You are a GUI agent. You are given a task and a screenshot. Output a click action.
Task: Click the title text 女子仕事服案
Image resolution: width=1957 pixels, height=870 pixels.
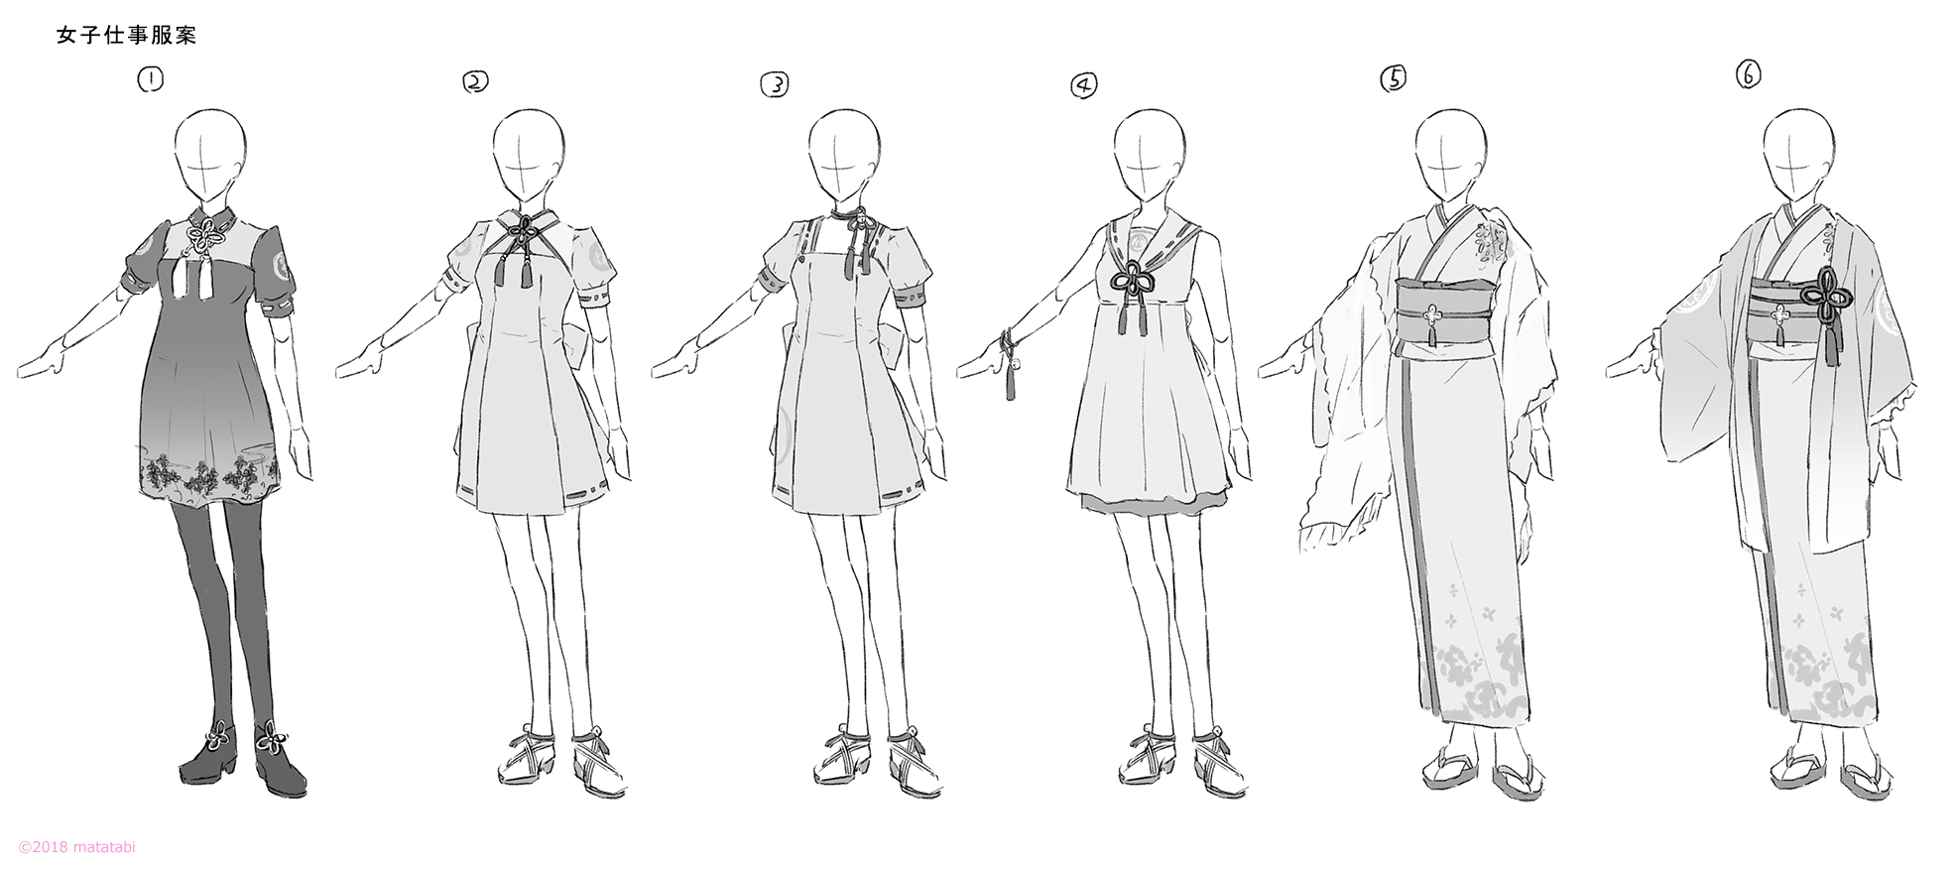tap(126, 36)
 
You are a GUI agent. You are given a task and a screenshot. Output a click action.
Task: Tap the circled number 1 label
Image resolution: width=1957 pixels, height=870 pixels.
tap(151, 79)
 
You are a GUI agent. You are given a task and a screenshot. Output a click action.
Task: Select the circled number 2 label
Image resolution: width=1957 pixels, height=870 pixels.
tap(475, 82)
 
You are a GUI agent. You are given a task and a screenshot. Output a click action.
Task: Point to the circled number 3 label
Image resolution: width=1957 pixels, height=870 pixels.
tap(775, 85)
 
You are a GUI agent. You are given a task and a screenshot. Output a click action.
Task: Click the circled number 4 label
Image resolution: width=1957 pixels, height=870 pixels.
tap(1084, 86)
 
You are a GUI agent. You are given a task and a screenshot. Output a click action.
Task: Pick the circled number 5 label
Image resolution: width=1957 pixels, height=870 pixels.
tap(1394, 78)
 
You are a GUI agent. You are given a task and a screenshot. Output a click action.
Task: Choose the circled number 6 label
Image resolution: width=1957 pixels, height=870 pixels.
tap(1748, 74)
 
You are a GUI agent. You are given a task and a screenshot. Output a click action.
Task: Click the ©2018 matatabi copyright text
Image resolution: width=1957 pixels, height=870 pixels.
tap(77, 847)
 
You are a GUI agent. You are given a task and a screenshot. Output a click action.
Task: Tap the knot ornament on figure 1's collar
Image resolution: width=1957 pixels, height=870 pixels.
tap(206, 237)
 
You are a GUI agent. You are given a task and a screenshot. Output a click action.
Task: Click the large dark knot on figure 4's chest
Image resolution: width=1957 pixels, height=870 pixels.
tap(1132, 281)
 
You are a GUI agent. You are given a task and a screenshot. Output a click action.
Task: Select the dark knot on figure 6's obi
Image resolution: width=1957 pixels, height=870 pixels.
tap(1826, 296)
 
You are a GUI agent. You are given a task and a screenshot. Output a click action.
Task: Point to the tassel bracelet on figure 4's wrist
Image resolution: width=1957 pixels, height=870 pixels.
tap(1010, 364)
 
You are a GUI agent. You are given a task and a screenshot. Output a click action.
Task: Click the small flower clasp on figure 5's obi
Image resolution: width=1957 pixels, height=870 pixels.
tap(1431, 316)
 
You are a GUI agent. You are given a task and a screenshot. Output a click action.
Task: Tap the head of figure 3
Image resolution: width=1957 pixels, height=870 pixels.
tap(843, 157)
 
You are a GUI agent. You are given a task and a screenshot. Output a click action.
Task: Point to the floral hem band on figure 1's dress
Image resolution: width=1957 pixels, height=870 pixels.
tap(209, 474)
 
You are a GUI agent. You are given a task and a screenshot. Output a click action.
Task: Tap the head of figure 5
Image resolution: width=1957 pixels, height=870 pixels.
tap(1451, 157)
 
